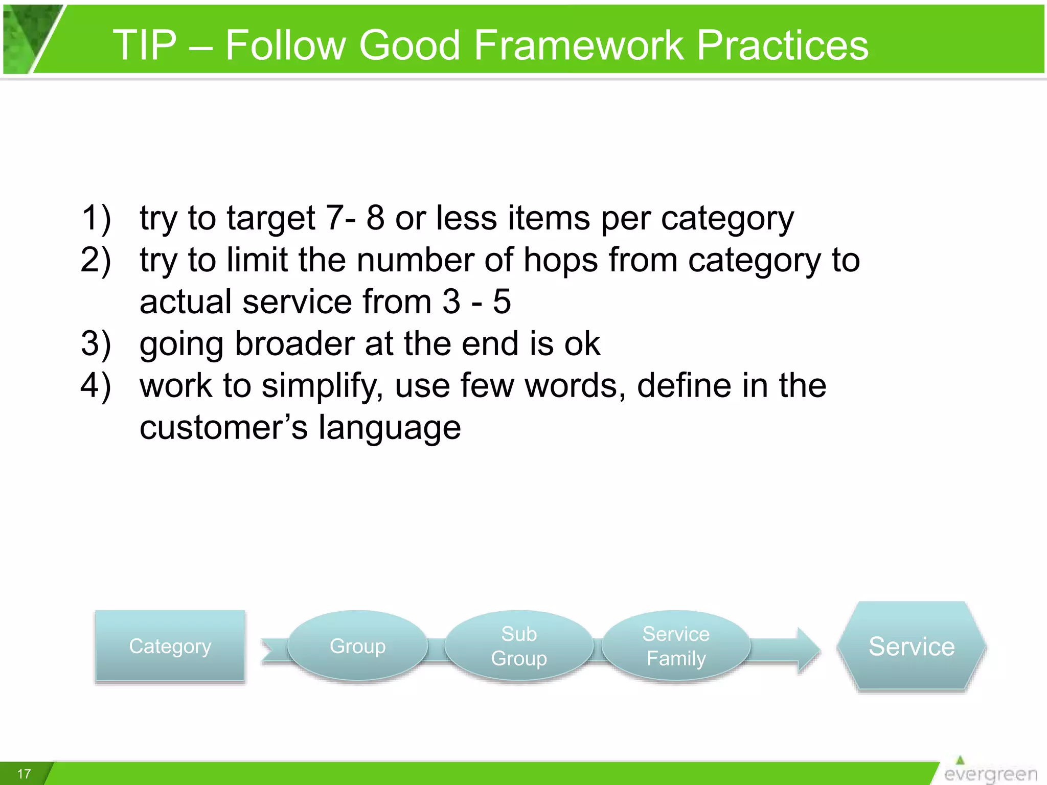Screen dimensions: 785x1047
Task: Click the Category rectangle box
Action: pos(170,646)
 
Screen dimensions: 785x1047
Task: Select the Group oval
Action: pos(357,646)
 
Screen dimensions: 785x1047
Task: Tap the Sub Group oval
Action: pos(519,646)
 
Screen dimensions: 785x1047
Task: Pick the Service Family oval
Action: pos(676,646)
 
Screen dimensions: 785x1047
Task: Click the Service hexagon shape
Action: pos(912,647)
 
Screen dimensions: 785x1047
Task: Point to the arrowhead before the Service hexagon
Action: pos(808,650)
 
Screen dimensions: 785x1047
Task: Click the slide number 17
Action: pos(24,774)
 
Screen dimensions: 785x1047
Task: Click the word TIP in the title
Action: pos(145,45)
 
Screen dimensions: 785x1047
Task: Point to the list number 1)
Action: pos(96,218)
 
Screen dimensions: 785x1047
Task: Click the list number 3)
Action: pos(96,343)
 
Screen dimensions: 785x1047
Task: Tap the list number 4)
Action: pos(96,385)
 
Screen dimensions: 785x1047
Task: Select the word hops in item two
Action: pos(560,261)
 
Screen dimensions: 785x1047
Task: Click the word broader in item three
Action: pos(294,343)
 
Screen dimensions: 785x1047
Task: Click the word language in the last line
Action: pos(390,428)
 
